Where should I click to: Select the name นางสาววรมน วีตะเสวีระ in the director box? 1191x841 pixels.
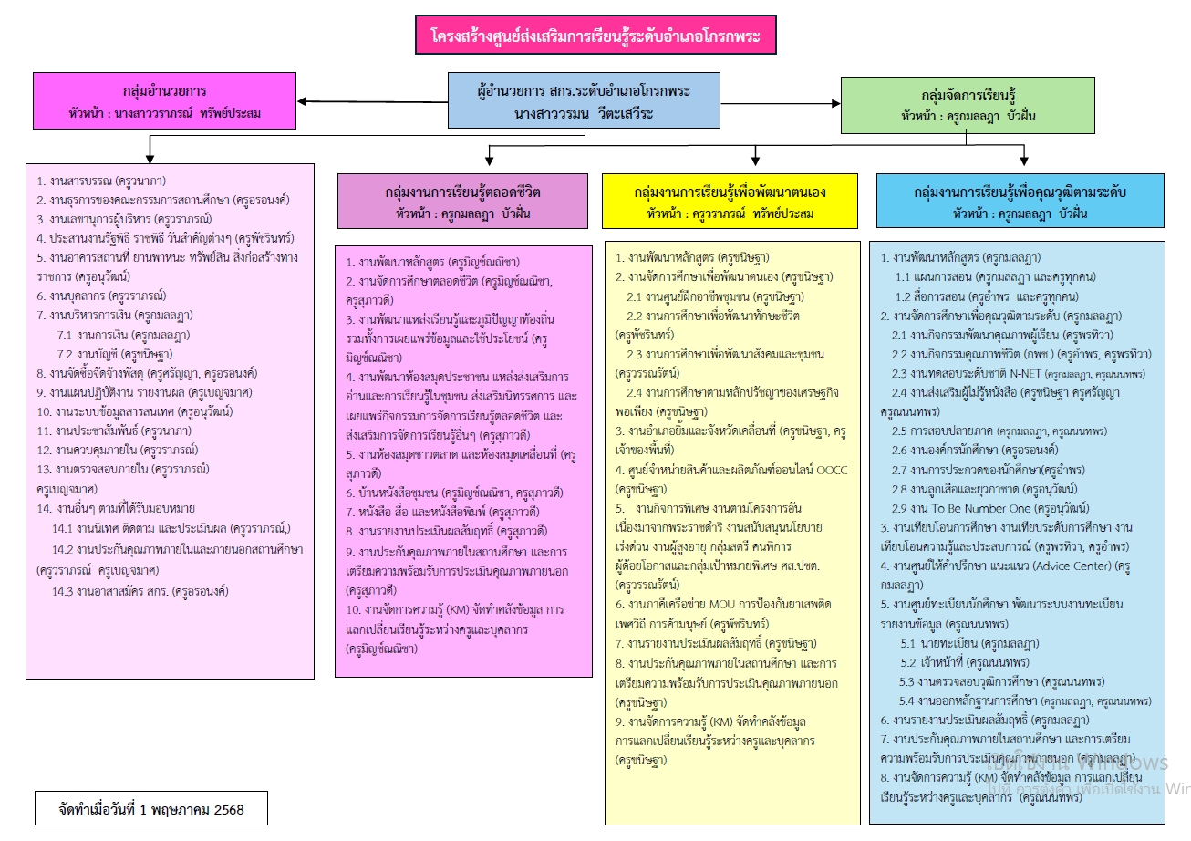pyautogui.click(x=584, y=114)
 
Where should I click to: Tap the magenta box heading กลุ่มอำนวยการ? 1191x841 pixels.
pyautogui.click(x=164, y=100)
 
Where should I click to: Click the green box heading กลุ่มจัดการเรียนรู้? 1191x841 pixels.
pyautogui.click(x=967, y=104)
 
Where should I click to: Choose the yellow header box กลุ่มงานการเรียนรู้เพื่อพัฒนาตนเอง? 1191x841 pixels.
pyautogui.click(x=730, y=201)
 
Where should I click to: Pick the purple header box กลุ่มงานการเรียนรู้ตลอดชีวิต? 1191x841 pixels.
pyautogui.click(x=462, y=201)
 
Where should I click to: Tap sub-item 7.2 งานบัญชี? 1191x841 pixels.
pyautogui.click(x=114, y=354)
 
